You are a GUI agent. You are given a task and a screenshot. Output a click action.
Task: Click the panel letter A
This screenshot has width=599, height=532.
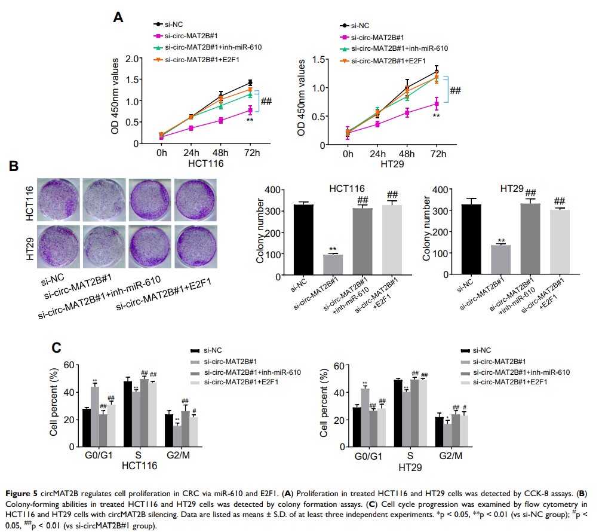118,17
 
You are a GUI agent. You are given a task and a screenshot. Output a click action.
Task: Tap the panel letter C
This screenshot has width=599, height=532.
56,347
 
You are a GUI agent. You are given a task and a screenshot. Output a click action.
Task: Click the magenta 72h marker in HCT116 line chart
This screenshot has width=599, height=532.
250,111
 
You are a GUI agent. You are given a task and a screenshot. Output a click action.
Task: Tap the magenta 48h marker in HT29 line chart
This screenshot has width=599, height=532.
407,112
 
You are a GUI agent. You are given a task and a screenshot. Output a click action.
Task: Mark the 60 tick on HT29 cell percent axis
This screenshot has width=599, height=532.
337,365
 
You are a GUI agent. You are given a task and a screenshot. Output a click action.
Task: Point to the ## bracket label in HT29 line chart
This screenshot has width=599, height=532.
455,90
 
